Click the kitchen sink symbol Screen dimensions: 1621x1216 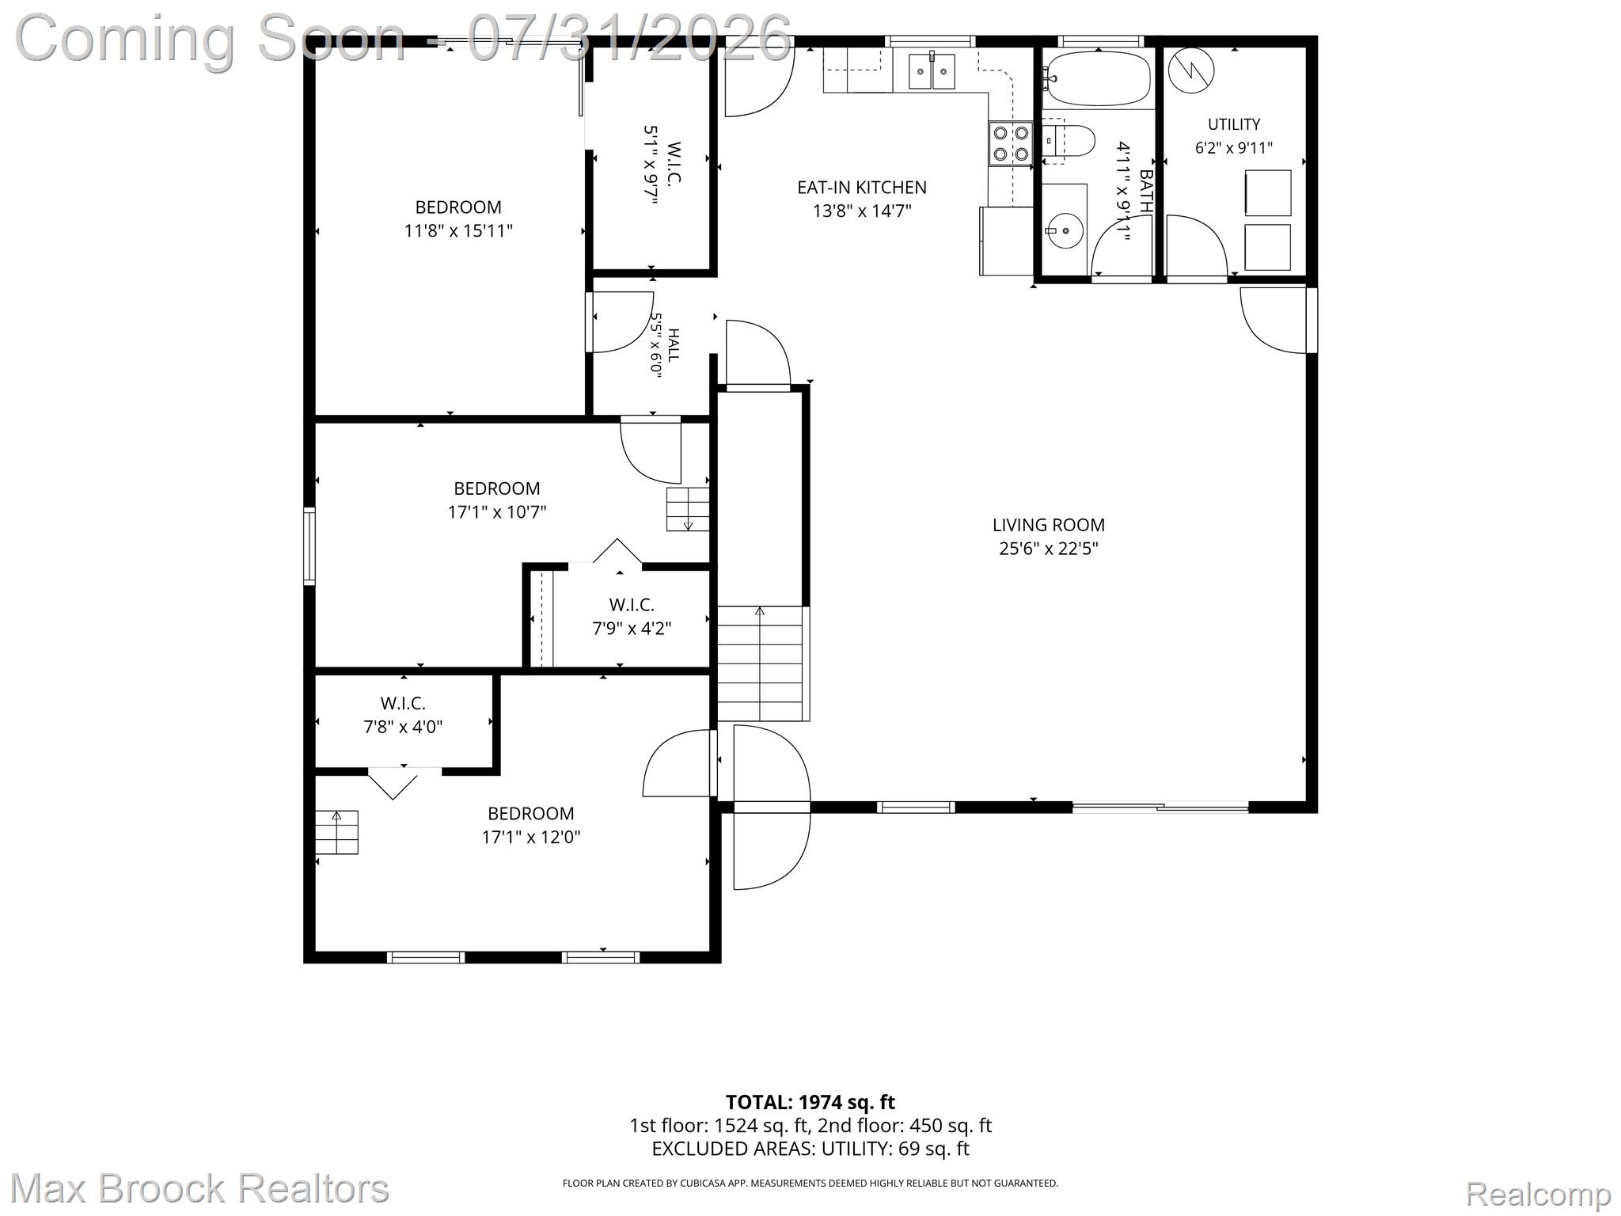[932, 71]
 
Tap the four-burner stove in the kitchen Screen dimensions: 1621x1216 [1011, 144]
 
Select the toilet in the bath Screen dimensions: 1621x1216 [1068, 142]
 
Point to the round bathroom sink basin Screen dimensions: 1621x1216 [1065, 230]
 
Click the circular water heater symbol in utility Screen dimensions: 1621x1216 [1191, 70]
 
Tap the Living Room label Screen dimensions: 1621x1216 [1049, 525]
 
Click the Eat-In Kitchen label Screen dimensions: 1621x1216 [862, 188]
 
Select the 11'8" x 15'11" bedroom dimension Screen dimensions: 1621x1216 [458, 231]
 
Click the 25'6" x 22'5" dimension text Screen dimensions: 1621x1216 [1049, 549]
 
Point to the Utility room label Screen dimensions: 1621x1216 [1234, 124]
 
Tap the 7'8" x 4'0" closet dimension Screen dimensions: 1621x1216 [403, 727]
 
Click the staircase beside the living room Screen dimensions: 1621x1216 [761, 663]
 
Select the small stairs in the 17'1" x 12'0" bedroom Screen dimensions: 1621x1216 [336, 832]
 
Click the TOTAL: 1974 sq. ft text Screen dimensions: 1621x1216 [810, 1102]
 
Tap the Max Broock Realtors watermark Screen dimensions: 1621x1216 [199, 1188]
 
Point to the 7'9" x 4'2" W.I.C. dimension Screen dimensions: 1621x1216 [632, 629]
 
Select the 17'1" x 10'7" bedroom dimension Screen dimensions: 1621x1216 [497, 512]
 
